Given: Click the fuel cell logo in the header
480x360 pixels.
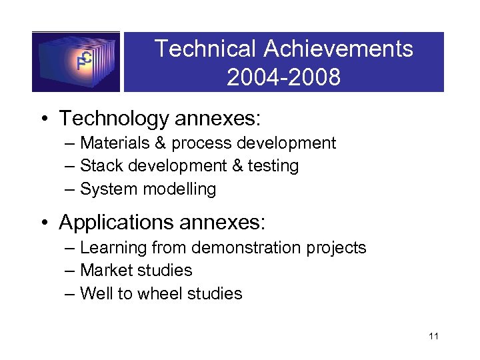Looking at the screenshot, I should tap(76, 61).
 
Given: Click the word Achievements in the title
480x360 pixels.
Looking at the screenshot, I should tap(338, 49).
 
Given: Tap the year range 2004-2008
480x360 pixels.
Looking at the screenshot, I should tap(283, 77).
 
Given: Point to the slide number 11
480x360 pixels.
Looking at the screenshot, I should tap(433, 336).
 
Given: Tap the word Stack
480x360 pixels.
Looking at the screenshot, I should tap(99, 165).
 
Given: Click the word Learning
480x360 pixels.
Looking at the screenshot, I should tap(113, 248).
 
